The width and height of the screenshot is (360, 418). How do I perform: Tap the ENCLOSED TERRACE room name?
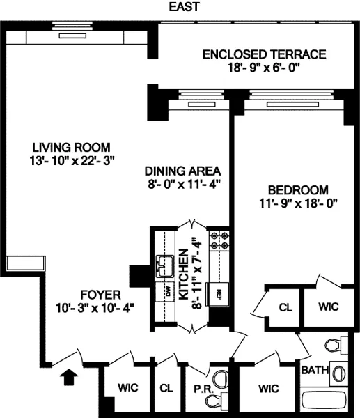[263, 54]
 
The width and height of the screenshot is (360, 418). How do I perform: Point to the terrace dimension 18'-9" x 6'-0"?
[263, 68]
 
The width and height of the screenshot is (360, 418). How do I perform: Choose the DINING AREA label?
[182, 171]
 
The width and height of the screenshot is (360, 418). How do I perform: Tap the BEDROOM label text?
[297, 190]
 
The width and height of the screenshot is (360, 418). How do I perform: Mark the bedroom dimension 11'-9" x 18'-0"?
[297, 203]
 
